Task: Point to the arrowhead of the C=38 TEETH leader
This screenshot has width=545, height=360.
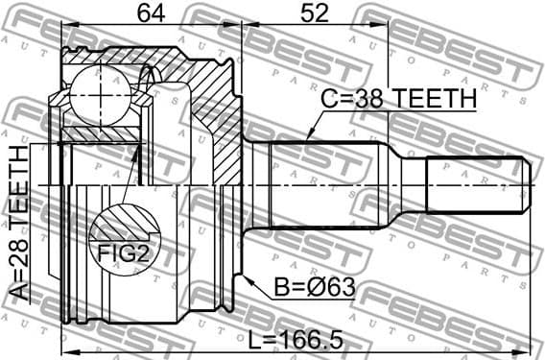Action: coord(308,139)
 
